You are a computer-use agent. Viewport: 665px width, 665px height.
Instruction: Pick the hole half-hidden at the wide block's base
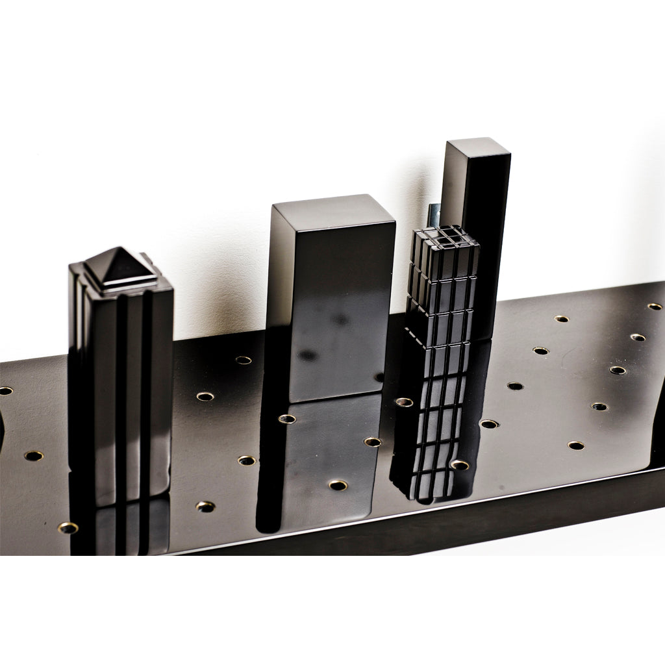379,377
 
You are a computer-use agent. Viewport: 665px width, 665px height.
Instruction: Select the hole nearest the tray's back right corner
655,306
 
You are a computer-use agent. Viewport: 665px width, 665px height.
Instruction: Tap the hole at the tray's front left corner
68,527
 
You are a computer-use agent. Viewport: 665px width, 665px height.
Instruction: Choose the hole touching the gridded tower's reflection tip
460,464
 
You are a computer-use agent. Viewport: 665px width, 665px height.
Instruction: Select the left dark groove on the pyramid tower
121,390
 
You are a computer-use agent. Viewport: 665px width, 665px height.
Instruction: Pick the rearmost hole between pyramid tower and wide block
244,360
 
